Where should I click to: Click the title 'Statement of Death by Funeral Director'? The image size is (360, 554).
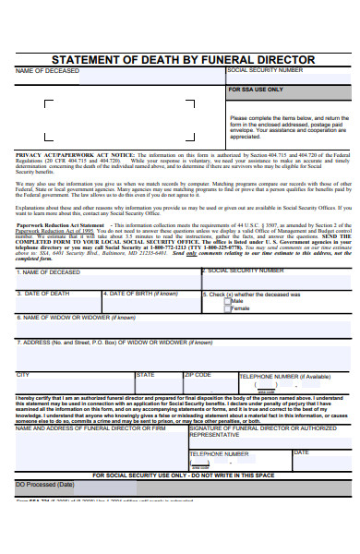[x=180, y=59]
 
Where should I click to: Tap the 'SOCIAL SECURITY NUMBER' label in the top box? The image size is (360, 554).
[x=264, y=70]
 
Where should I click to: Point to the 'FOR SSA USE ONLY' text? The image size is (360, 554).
[x=256, y=90]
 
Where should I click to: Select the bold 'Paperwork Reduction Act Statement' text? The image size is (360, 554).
[x=60, y=224]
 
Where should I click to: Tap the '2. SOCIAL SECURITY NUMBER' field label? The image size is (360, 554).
[x=246, y=271]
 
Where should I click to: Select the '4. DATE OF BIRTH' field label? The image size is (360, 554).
[x=141, y=294]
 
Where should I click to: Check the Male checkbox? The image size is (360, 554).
[x=226, y=301]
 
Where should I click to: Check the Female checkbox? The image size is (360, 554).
[x=226, y=307]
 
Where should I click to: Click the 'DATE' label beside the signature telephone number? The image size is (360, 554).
[x=302, y=427]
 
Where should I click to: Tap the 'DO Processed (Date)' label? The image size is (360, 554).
[x=44, y=458]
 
